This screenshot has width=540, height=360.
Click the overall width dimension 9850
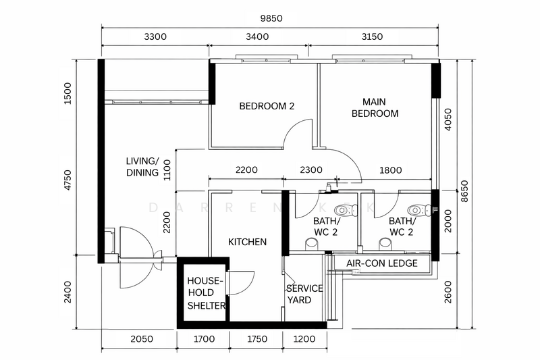click(271, 18)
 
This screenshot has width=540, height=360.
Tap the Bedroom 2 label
click(267, 106)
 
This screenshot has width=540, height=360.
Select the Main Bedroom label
click(375, 107)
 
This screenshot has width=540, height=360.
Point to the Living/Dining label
click(142, 167)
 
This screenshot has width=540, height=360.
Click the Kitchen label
click(247, 242)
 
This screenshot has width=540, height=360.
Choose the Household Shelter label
click(206, 293)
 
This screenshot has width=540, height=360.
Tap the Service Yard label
click(304, 294)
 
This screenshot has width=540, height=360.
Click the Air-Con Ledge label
click(382, 263)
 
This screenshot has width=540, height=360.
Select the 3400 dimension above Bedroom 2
click(257, 36)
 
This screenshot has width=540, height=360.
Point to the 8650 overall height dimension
click(464, 191)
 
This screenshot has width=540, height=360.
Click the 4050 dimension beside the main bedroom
click(448, 120)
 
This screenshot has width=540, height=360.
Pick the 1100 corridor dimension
click(167, 170)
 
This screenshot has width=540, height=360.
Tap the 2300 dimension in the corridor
click(311, 170)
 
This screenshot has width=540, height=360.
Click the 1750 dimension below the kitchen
click(257, 339)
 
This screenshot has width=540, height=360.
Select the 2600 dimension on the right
click(448, 292)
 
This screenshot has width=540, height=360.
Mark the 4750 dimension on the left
click(68, 180)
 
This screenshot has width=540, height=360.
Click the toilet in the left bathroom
click(347, 210)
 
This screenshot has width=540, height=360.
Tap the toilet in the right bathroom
click(419, 210)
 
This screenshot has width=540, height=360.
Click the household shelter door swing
click(241, 283)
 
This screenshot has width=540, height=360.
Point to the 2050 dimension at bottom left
click(142, 339)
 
